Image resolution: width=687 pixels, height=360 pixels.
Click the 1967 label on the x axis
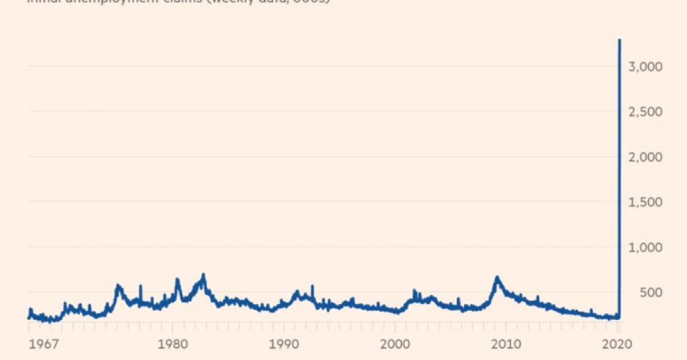click(x=43, y=344)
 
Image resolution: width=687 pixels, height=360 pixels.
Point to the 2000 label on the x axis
click(x=395, y=344)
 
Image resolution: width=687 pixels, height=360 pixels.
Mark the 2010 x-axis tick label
click(x=506, y=344)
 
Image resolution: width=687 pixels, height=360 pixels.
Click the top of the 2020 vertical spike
click(x=619, y=40)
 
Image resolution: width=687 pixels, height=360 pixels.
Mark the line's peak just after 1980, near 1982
click(x=203, y=275)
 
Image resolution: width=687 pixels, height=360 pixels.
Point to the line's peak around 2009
click(x=497, y=278)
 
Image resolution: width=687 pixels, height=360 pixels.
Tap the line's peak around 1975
click(x=118, y=285)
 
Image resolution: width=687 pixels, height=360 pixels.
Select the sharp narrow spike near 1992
click(x=312, y=286)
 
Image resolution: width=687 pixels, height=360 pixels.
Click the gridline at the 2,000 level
click(x=317, y=157)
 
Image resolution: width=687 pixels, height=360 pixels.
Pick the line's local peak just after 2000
click(x=414, y=291)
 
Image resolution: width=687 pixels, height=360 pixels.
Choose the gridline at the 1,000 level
click(x=317, y=247)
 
